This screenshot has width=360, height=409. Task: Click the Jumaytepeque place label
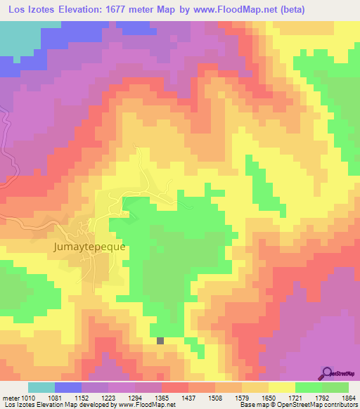click(89, 247)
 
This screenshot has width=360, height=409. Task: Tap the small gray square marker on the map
click(160, 341)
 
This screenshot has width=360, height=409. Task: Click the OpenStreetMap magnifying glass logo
click(329, 372)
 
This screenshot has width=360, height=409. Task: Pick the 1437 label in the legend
click(189, 397)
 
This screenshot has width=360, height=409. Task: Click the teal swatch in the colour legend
click(41, 387)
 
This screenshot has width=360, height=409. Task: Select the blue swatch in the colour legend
click(68, 387)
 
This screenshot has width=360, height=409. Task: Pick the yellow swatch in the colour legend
click(282, 387)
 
